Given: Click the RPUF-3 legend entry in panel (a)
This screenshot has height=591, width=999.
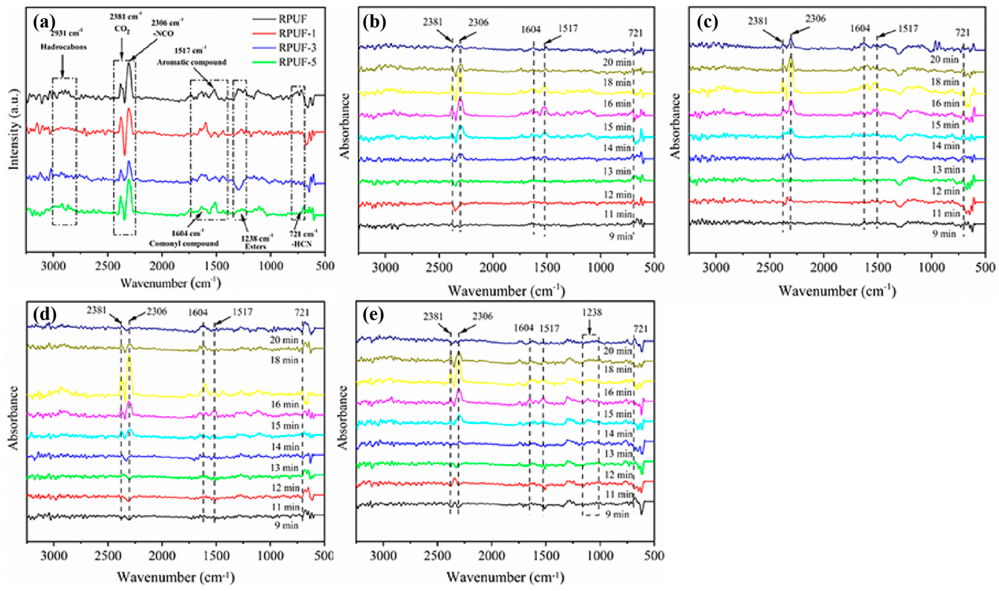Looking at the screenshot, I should coord(297,48).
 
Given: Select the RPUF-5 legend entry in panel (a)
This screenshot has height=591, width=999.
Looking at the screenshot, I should coord(297,62).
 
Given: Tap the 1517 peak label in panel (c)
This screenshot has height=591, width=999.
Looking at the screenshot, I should coord(908,29).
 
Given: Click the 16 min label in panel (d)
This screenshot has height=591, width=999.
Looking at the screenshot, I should coord(285,404).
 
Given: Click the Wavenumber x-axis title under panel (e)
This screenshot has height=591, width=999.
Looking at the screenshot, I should coord(505,577).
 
